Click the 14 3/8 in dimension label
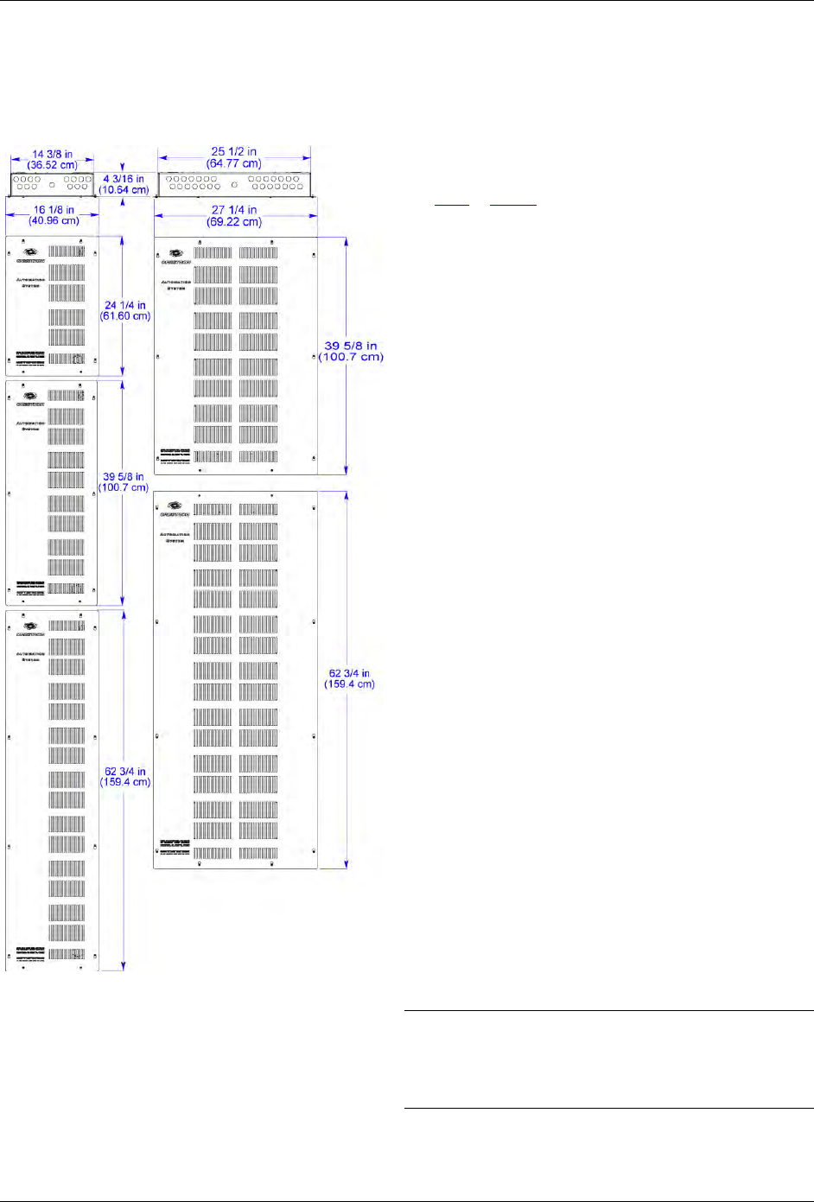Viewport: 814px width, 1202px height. coord(52,155)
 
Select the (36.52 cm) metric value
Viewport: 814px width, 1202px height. coord(52,165)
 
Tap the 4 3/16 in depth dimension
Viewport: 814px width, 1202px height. coord(124,179)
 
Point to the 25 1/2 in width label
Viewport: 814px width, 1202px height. coord(233,152)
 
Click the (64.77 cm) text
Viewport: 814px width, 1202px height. coord(233,163)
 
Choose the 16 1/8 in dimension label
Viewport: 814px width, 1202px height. coord(52,210)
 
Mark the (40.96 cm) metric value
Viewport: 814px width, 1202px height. coord(52,221)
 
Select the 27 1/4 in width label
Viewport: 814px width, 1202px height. coord(233,210)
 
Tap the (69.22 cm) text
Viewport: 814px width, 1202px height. coord(233,222)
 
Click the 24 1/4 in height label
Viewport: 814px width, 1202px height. coord(125,305)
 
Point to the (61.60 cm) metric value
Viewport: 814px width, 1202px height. coord(125,316)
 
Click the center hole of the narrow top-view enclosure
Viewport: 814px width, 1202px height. coord(52,185)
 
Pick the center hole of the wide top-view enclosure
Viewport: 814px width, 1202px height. coord(234,185)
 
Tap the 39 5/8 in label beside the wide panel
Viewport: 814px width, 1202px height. coord(350,346)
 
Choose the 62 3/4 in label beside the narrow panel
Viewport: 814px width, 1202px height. coord(125,772)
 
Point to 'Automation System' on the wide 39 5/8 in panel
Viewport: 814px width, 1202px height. coord(175,285)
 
